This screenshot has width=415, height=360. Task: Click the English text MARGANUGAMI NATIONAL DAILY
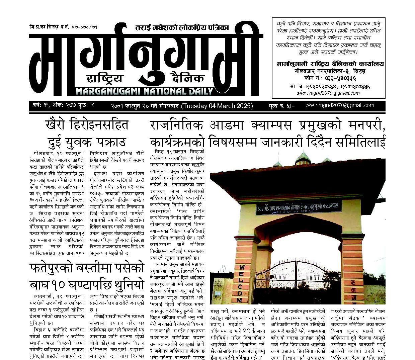(x=145, y=91)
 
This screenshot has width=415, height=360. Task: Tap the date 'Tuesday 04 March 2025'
(x=217, y=106)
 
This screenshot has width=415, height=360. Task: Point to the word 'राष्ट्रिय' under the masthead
(x=105, y=79)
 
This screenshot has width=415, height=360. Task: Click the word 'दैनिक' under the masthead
(x=187, y=79)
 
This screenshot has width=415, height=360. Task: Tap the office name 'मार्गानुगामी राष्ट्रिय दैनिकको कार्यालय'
(x=331, y=64)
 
